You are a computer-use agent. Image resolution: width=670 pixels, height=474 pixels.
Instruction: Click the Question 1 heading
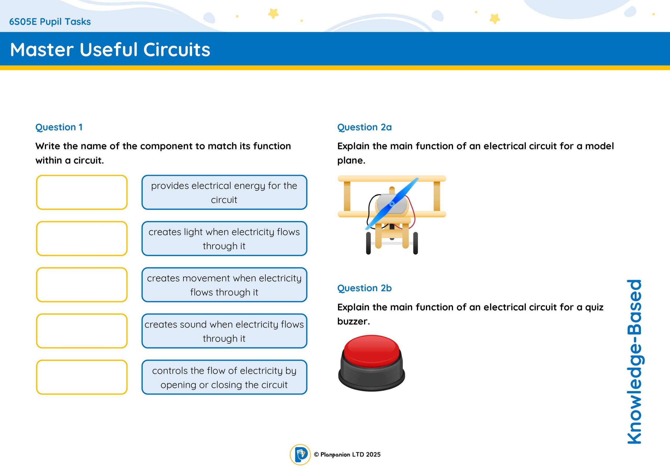point(59,127)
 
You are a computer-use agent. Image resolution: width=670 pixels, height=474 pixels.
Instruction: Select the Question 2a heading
point(365,127)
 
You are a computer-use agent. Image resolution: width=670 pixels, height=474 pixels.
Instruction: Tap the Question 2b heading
point(365,288)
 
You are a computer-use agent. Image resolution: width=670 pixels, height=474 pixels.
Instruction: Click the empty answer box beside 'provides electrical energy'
point(82,192)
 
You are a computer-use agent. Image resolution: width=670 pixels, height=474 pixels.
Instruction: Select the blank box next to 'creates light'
point(82,239)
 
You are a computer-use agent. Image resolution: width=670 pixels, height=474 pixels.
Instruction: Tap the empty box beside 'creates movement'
point(82,285)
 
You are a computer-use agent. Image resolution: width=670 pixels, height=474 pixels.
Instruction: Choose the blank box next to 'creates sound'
point(82,331)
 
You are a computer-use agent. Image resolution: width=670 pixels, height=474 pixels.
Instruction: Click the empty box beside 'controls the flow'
point(82,377)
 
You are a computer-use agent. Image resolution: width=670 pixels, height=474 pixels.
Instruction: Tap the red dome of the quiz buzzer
point(371,350)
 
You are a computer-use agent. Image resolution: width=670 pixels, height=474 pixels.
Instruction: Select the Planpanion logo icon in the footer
point(300,454)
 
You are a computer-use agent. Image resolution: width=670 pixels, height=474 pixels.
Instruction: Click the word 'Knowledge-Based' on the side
point(634,362)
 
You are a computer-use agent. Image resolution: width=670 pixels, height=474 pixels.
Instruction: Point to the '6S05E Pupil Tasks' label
point(50,22)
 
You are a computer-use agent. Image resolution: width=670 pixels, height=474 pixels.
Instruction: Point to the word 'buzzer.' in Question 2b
point(353,321)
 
